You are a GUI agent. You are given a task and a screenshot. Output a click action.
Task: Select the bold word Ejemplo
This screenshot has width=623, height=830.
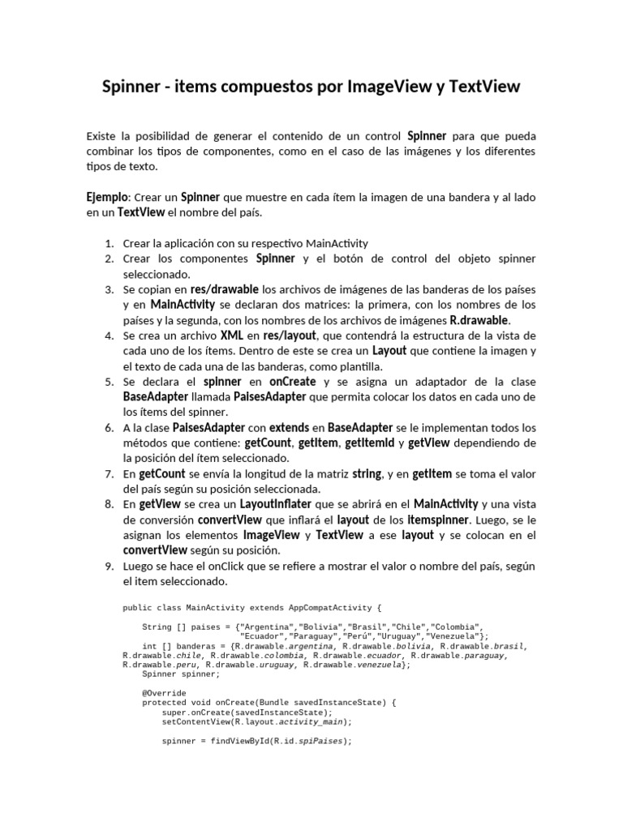pos(106,197)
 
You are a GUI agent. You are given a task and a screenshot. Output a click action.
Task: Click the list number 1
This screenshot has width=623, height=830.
pos(109,243)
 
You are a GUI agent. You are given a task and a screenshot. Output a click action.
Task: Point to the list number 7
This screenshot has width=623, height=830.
pos(109,473)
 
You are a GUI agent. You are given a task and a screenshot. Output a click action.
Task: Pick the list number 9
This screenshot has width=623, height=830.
pos(109,566)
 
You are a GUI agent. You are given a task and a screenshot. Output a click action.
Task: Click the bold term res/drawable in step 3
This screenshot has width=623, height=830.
pos(225,289)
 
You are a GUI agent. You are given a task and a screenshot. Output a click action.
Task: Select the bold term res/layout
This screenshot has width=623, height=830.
pos(290,336)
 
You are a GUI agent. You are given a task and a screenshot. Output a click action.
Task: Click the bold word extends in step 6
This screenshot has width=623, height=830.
pos(289,427)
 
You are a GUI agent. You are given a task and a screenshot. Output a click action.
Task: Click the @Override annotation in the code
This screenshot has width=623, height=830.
pos(164,694)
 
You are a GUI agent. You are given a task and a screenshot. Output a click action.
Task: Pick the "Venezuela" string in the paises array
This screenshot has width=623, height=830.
pos(450,636)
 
